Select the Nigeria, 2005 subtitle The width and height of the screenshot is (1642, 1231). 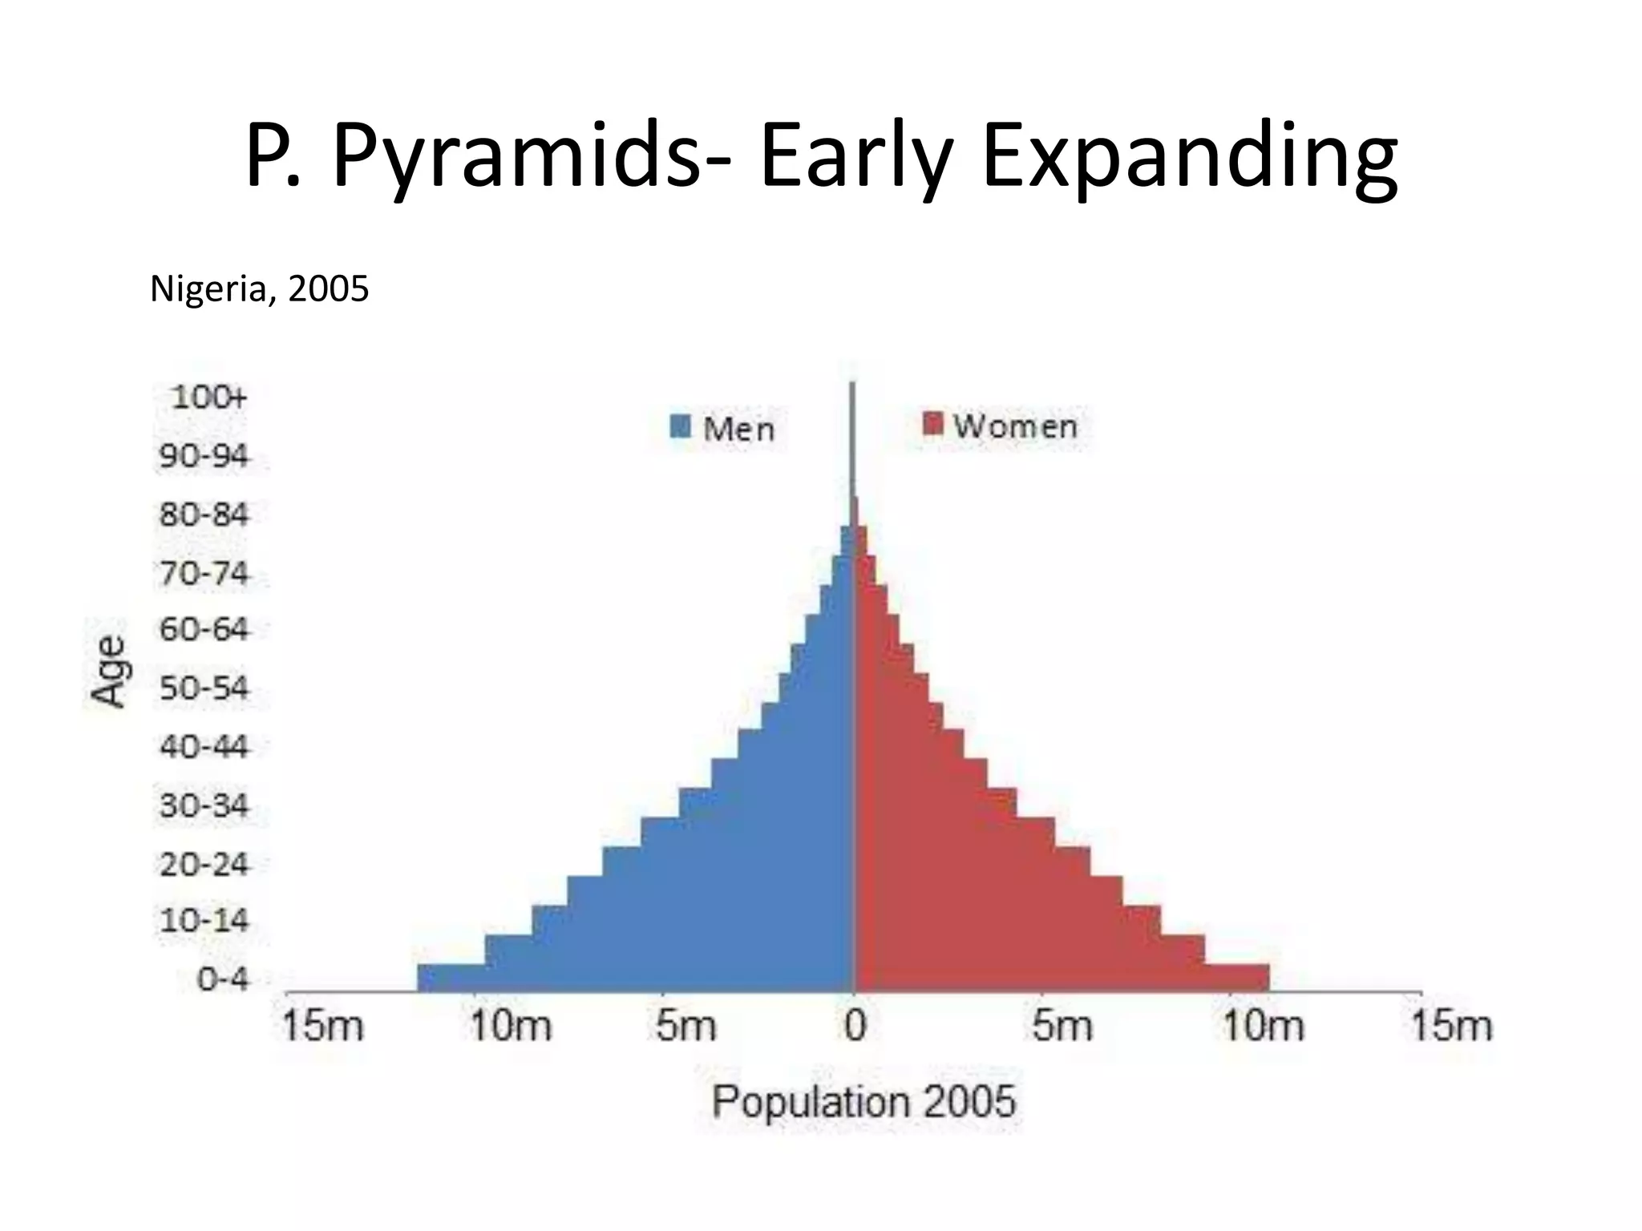tap(259, 289)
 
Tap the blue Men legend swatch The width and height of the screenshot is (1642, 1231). tap(680, 426)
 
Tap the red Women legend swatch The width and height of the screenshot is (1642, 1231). tap(932, 423)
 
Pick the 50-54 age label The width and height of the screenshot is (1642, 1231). tap(204, 688)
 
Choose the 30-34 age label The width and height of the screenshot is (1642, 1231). tap(204, 805)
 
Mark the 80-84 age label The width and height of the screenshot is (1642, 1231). tap(204, 514)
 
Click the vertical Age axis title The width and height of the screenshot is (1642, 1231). tap(108, 672)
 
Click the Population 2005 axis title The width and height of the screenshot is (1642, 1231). tap(863, 1101)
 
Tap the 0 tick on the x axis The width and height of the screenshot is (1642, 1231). tap(855, 1026)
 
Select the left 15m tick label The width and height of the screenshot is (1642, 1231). tap(322, 1026)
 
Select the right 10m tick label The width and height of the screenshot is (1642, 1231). tap(1262, 1026)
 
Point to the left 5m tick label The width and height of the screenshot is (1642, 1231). tap(686, 1026)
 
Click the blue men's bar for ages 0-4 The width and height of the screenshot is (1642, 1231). tap(633, 979)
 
